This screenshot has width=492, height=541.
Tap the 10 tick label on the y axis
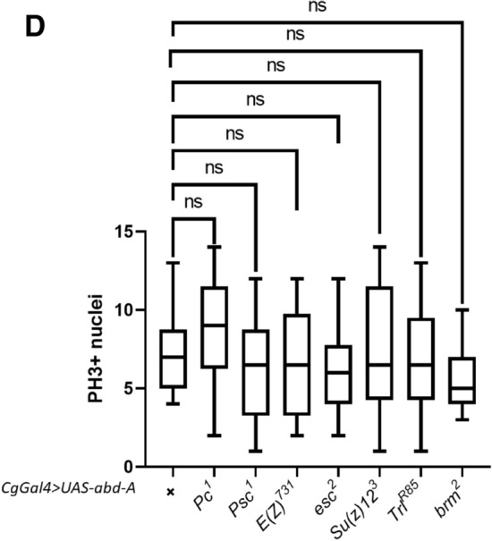(x=134, y=309)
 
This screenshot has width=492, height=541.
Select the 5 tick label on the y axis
(x=140, y=388)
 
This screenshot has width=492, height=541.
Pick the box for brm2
(x=462, y=380)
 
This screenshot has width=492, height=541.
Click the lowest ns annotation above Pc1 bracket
(x=192, y=202)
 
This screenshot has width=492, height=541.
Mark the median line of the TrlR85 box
(x=420, y=365)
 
